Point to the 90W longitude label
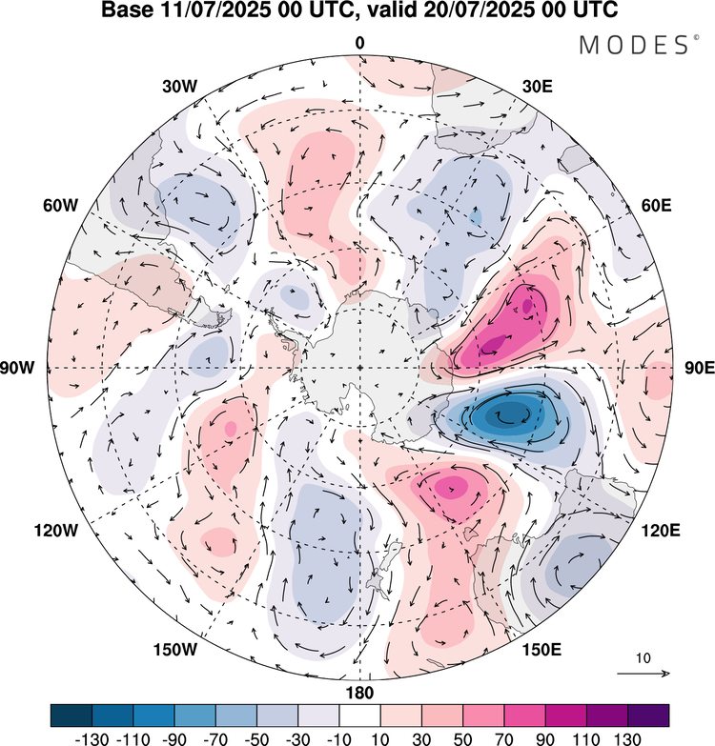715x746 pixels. pyautogui.click(x=28, y=368)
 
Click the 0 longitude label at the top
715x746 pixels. pyautogui.click(x=359, y=44)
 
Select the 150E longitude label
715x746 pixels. pyautogui.click(x=541, y=650)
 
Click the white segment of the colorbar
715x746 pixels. pyautogui.click(x=359, y=715)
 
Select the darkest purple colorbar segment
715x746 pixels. pyautogui.click(x=648, y=715)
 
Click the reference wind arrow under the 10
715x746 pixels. pyautogui.click(x=643, y=674)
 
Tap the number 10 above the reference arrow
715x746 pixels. pyautogui.click(x=643, y=658)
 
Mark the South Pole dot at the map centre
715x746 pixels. pyautogui.click(x=359, y=368)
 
